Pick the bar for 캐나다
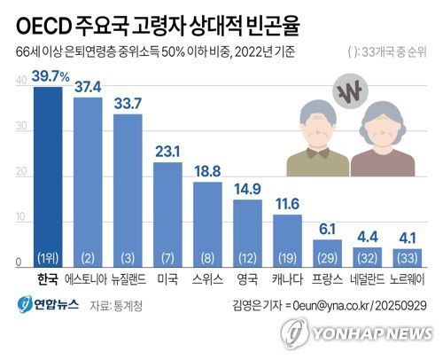click(x=286, y=240)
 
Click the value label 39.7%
click(x=48, y=77)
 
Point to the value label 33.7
click(x=127, y=104)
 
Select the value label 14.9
click(x=246, y=188)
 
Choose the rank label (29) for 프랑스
click(x=326, y=258)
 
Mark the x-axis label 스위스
click(x=206, y=279)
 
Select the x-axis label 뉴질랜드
click(x=127, y=279)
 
